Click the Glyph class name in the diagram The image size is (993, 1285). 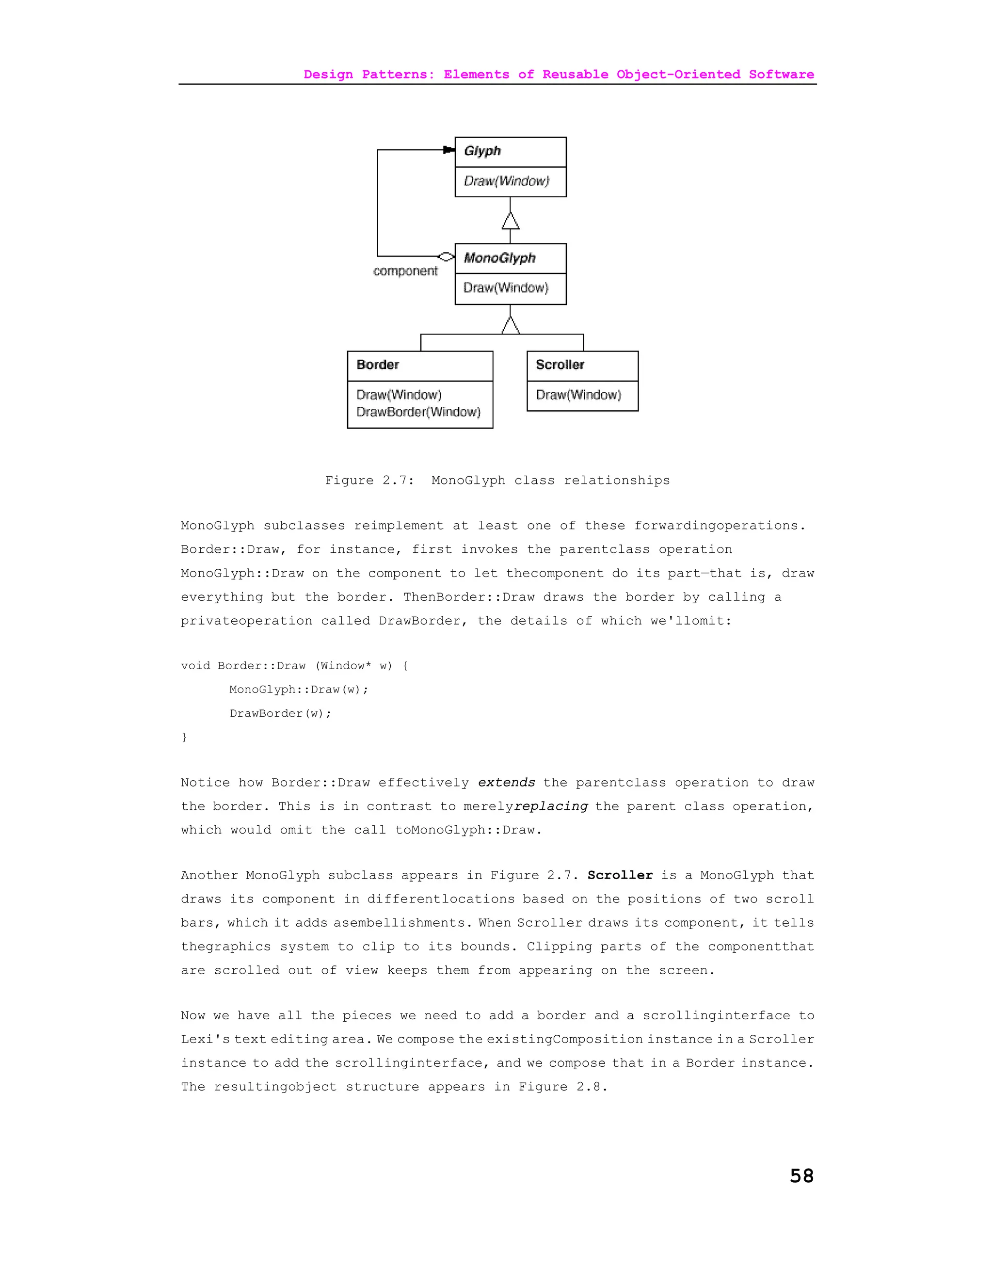coord(482,151)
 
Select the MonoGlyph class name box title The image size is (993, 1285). coord(499,258)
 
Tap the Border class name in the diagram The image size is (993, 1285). coord(378,365)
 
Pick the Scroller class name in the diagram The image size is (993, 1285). coord(560,365)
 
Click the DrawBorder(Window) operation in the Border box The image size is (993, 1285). coord(418,412)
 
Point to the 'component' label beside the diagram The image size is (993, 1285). coord(405,271)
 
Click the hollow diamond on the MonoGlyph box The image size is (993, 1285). coord(447,257)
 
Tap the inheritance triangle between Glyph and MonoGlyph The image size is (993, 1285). coord(511,221)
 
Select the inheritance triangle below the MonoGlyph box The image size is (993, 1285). coord(511,325)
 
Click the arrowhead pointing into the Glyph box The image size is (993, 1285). coord(449,150)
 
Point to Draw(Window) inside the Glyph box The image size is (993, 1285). coord(506,181)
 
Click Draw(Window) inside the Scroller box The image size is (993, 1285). coord(578,395)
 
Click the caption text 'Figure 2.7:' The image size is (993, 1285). coord(369,481)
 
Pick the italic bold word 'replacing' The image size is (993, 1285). coord(551,806)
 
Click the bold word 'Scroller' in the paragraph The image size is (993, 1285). coord(620,875)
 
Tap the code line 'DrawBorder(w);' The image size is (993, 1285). coord(281,713)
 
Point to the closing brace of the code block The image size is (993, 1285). coord(184,737)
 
